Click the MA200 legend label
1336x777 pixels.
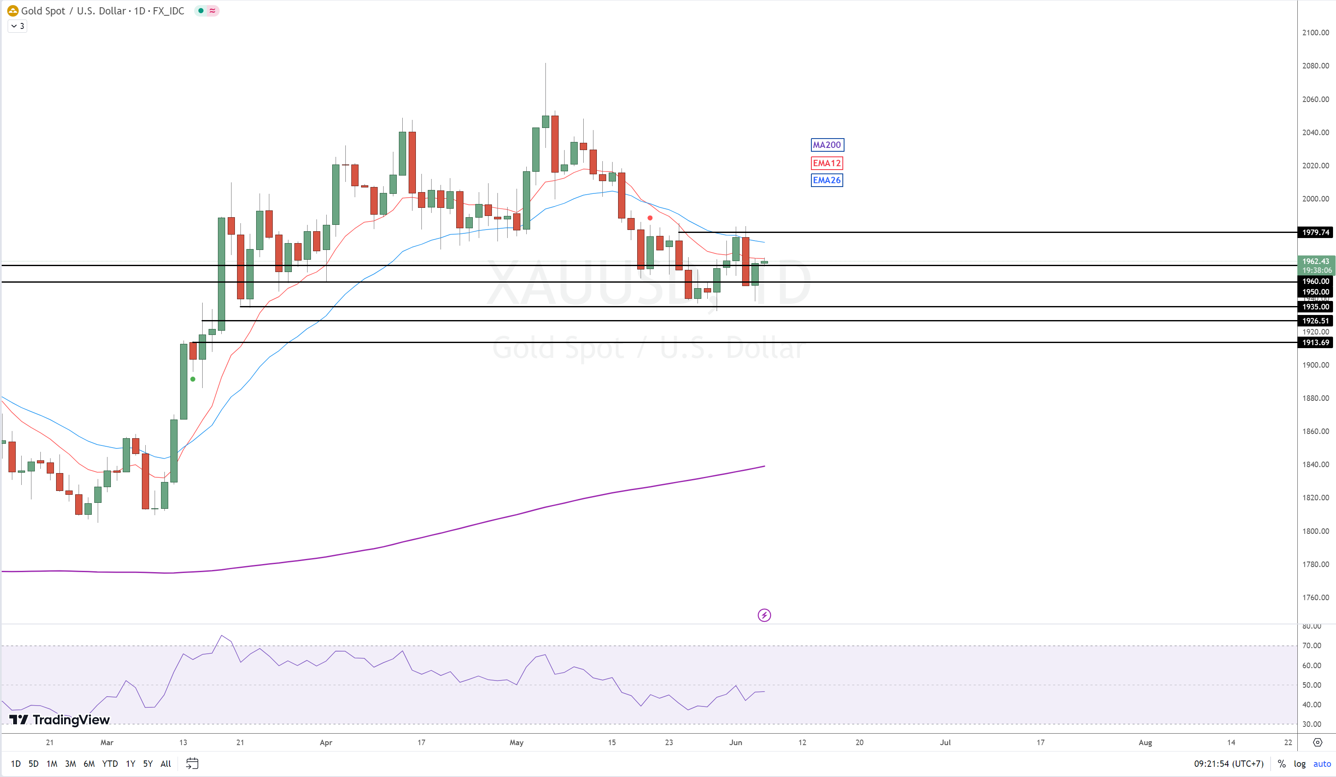click(x=827, y=145)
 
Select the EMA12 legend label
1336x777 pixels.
click(x=827, y=163)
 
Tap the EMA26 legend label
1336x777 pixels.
click(x=827, y=180)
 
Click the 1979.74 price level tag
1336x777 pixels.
click(x=1315, y=233)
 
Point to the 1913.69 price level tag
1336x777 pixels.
click(x=1315, y=343)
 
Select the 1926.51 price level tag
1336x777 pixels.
click(x=1315, y=320)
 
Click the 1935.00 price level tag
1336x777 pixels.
click(x=1315, y=306)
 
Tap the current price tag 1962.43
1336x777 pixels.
click(x=1315, y=261)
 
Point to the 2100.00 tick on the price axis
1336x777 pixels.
click(x=1315, y=33)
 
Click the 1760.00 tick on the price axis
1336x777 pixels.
click(x=1315, y=598)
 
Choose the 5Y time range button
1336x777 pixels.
click(x=148, y=764)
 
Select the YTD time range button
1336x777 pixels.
click(x=110, y=764)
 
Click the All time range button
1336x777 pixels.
click(x=165, y=764)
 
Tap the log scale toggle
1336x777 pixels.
click(x=1299, y=764)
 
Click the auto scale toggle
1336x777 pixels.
click(x=1322, y=764)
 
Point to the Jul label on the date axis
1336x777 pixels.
click(x=945, y=743)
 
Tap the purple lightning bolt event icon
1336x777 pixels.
click(x=764, y=615)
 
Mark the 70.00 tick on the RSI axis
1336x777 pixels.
click(x=1312, y=646)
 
